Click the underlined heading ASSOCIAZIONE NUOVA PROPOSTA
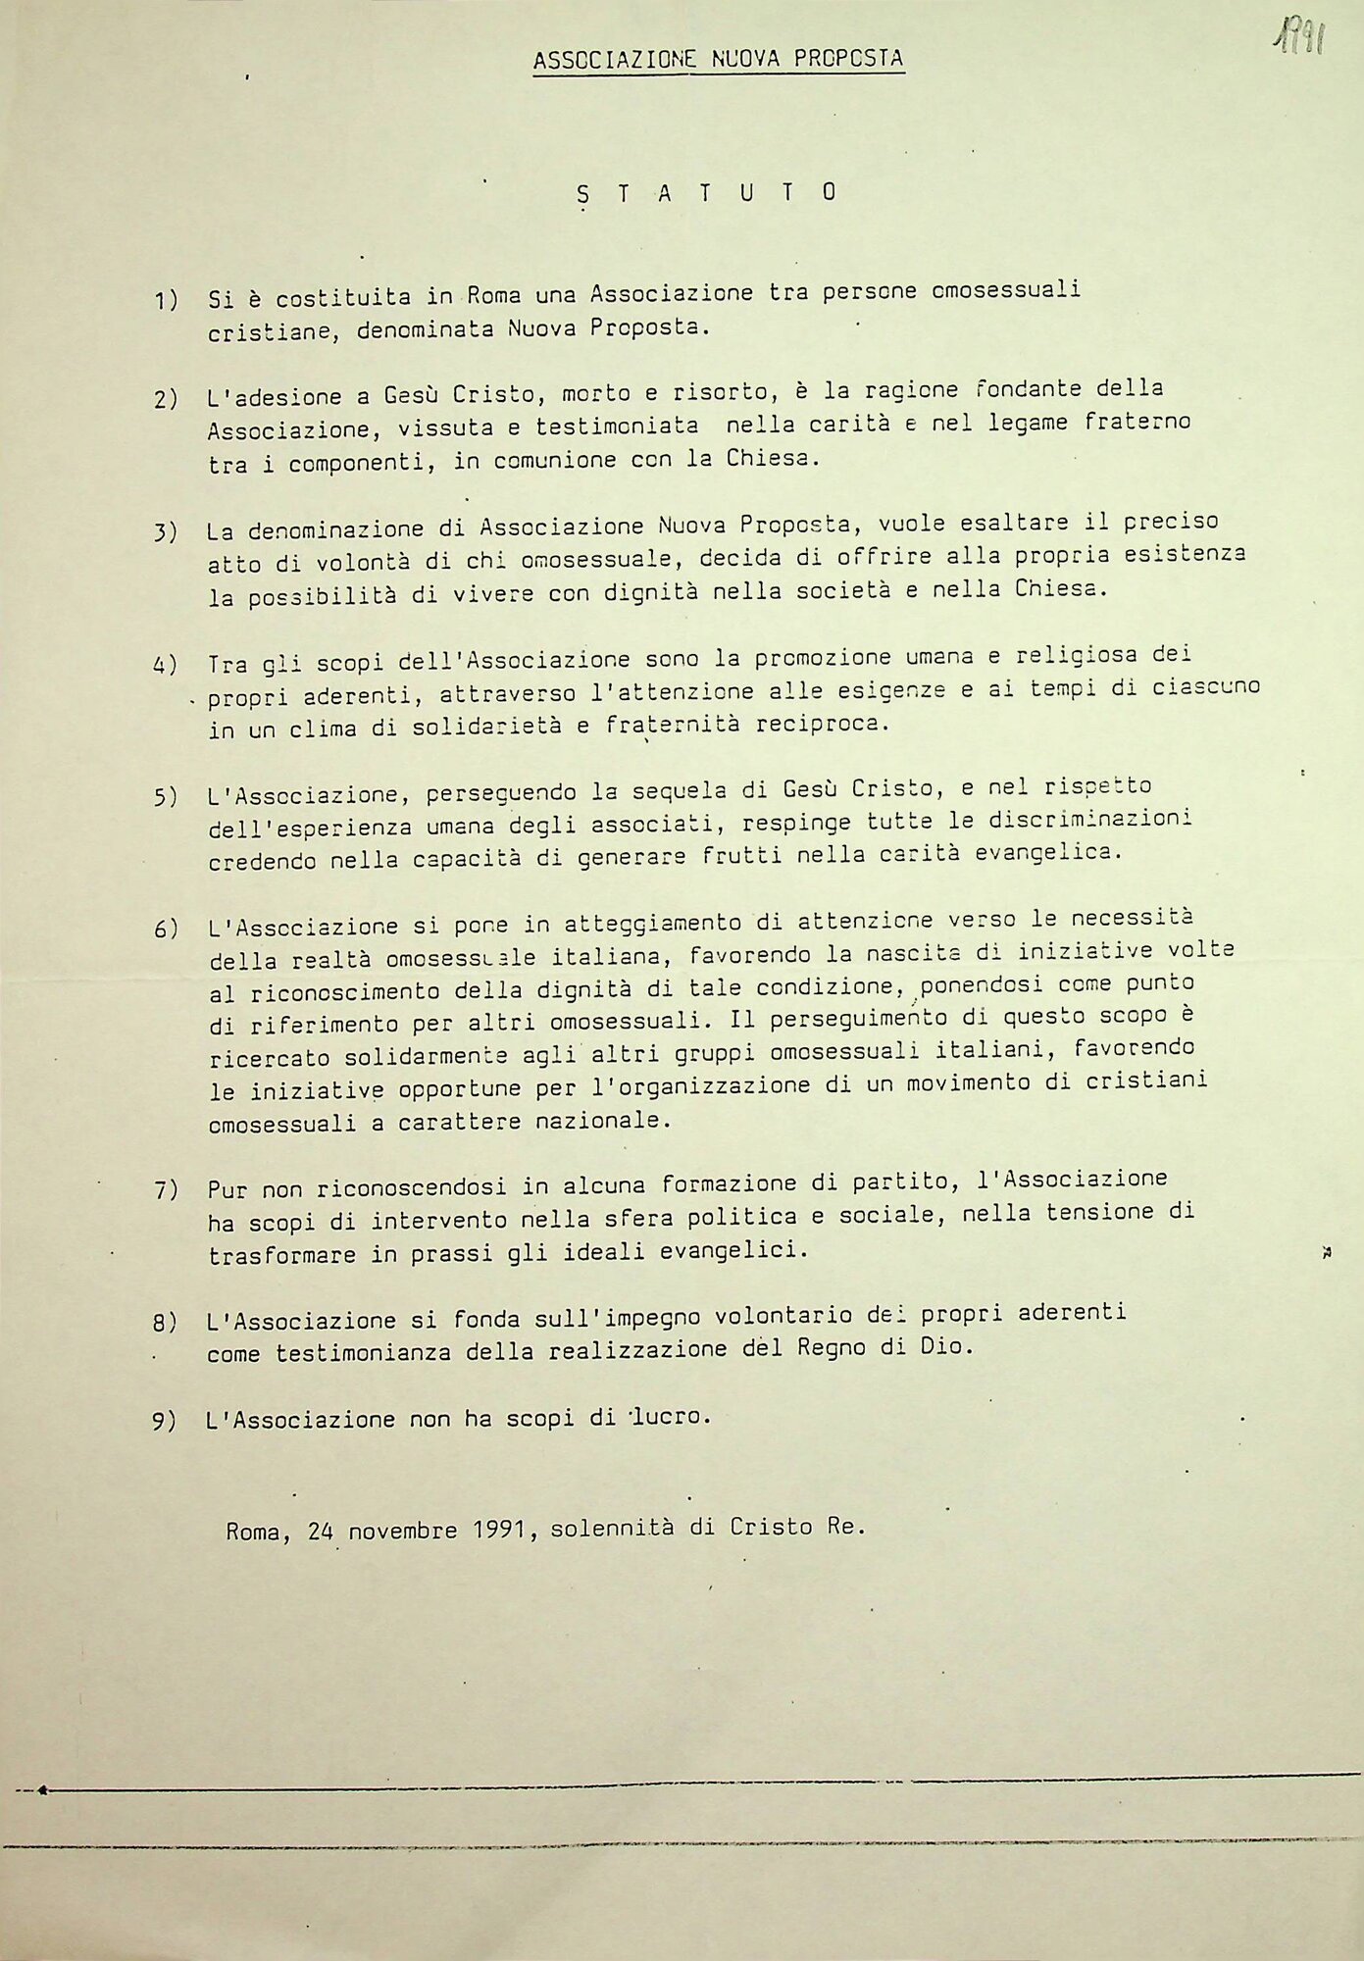tap(718, 59)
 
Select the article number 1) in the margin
tap(166, 300)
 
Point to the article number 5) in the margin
tap(166, 796)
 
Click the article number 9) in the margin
tap(165, 1421)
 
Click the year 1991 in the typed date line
tap(501, 1530)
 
